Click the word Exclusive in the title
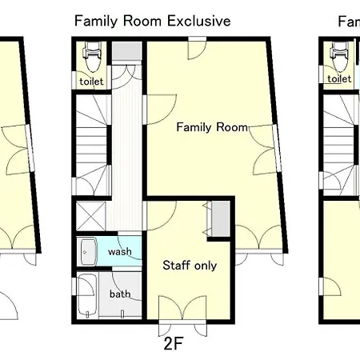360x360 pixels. (199, 21)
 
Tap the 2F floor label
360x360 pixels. (174, 343)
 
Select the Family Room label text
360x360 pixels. (212, 127)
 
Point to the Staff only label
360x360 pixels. (190, 266)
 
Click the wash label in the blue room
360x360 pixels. (120, 251)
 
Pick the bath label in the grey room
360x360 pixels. (120, 294)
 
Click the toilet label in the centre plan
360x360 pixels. (91, 81)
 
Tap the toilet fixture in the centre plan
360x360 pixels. (92, 57)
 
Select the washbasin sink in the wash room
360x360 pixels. (89, 252)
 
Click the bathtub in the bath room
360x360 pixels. (87, 295)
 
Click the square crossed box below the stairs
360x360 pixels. (91, 216)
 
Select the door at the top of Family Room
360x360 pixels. (197, 48)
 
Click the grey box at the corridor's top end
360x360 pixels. (126, 50)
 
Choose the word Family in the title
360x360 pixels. (96, 21)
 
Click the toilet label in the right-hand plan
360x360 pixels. (339, 78)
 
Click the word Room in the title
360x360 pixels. (142, 21)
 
